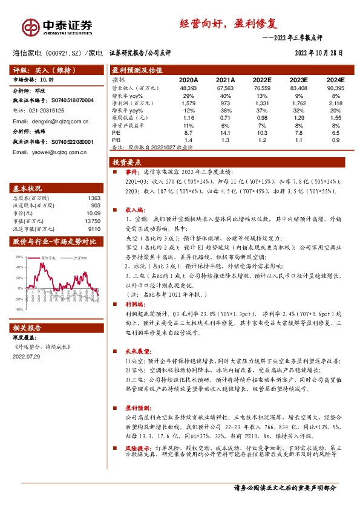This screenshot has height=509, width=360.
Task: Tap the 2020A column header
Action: (x=188, y=79)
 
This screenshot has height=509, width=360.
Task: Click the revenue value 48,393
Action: (x=188, y=88)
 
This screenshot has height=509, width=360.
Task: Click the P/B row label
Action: (x=117, y=140)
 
